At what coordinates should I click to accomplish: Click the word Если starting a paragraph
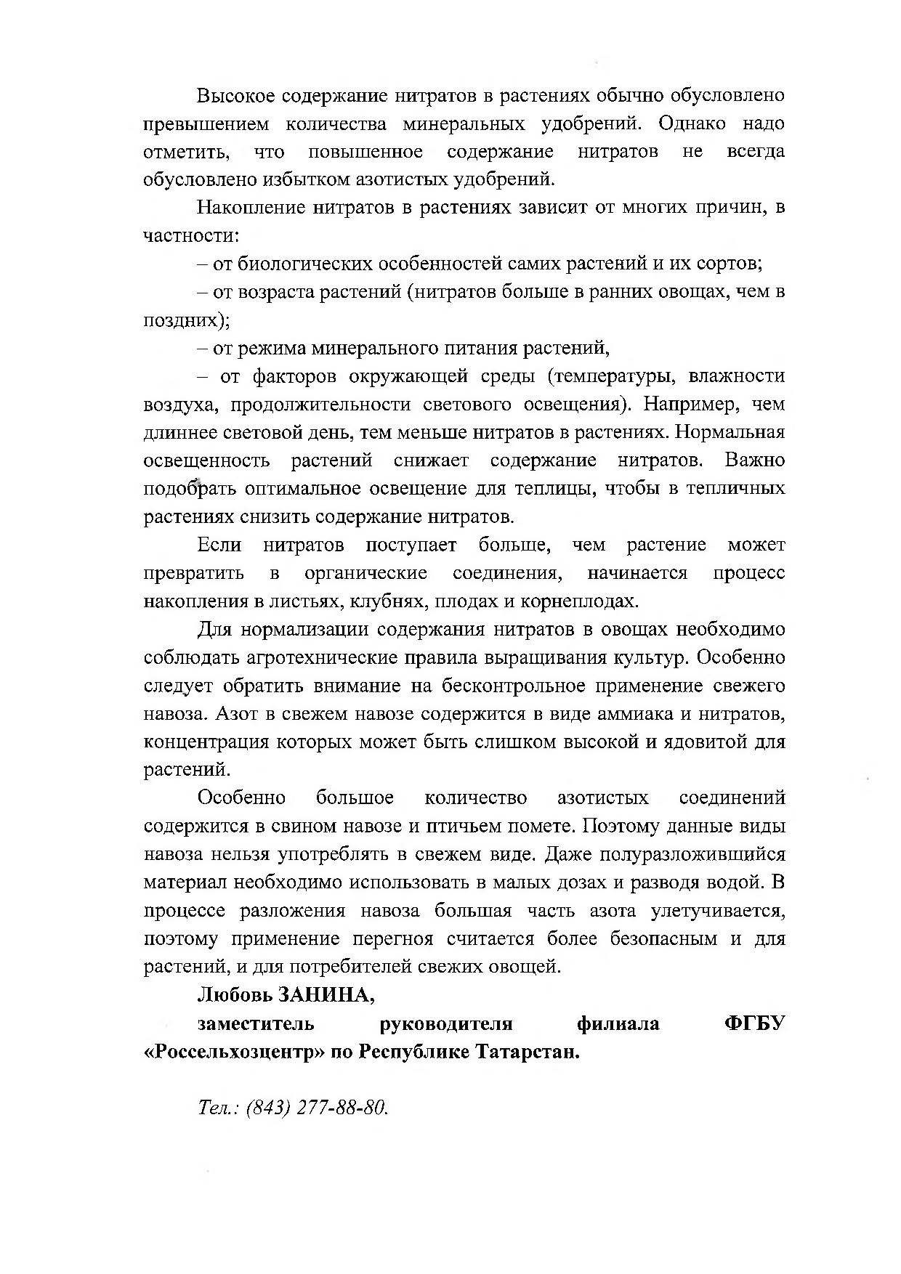pyautogui.click(x=219, y=545)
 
